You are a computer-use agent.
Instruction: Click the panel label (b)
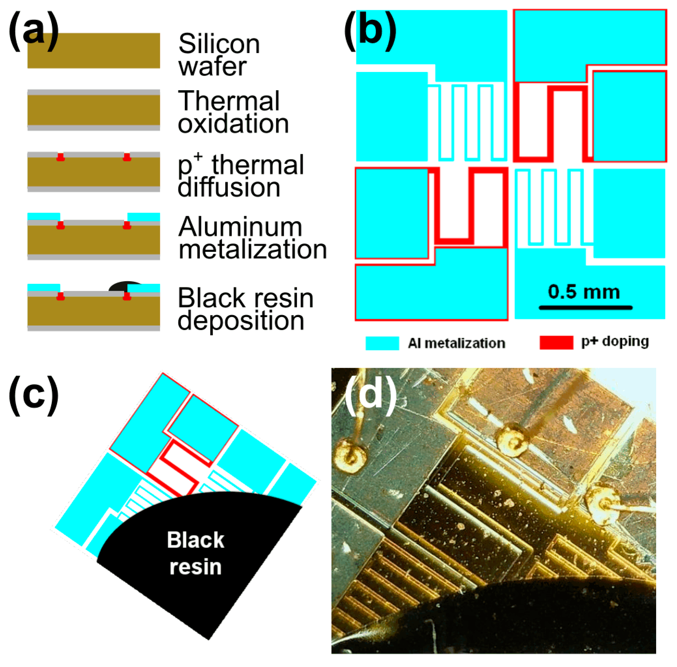click(370, 31)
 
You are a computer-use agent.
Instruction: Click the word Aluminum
click(240, 227)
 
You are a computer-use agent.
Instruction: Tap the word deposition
click(241, 321)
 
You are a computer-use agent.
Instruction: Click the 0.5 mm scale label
click(584, 292)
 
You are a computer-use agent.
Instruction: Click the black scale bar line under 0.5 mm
click(585, 308)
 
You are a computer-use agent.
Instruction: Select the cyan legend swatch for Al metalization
click(382, 343)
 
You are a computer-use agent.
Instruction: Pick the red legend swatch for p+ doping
click(556, 342)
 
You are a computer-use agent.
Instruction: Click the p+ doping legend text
click(615, 341)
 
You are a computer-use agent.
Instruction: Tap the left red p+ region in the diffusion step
click(61, 157)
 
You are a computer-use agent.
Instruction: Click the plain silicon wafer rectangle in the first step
click(94, 51)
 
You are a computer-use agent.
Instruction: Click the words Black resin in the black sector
click(195, 553)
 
